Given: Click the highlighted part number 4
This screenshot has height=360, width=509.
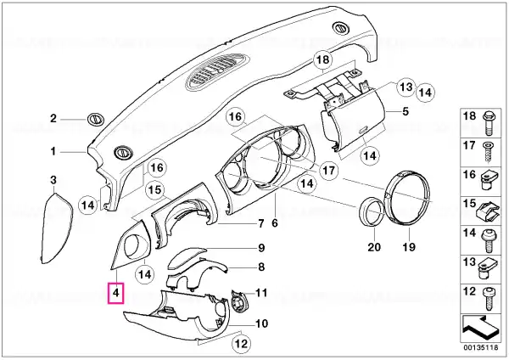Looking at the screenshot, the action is click(115, 293).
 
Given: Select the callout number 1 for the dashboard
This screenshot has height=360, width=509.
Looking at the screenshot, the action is click(53, 151).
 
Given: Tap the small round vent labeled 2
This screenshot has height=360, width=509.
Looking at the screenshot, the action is click(96, 119).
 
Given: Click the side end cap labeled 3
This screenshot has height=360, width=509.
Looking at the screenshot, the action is click(57, 228).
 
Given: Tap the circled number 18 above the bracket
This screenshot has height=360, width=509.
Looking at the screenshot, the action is click(323, 59).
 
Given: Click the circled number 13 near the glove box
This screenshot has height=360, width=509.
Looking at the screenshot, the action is click(406, 87).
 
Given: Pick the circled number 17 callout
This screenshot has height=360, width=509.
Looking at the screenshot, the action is click(328, 171).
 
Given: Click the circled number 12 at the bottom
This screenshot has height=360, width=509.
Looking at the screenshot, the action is click(242, 344).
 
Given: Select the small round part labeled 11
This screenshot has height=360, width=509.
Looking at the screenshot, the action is click(239, 301).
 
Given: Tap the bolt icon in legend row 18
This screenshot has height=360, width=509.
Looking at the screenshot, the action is click(488, 122).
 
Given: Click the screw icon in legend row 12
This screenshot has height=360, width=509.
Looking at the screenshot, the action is click(489, 299).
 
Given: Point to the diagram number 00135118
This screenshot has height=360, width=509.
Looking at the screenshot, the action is click(480, 347).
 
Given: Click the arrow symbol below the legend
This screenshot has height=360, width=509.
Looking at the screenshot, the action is click(480, 328).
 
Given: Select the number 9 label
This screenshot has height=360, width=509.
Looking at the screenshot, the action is click(261, 248).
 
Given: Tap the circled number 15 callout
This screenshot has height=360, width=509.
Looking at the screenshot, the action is click(155, 189).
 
